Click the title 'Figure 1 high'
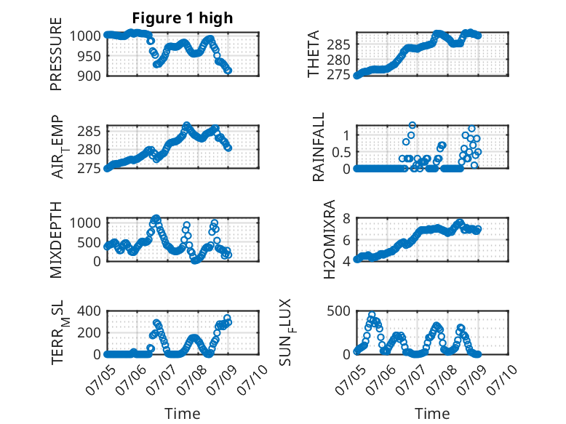[x=183, y=18]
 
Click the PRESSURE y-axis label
[x=56, y=54]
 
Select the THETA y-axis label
[x=314, y=54]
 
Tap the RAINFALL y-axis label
[x=319, y=147]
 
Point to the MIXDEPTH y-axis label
[x=56, y=240]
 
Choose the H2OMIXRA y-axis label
[x=330, y=239]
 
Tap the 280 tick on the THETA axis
[x=338, y=60]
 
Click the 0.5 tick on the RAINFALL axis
[x=341, y=152]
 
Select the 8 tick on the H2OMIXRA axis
[x=347, y=218]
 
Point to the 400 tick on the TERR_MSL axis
[x=89, y=311]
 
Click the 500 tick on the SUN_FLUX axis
[x=338, y=311]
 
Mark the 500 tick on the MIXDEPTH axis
[x=89, y=242]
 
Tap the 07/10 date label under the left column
[x=252, y=380]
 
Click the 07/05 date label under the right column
[x=349, y=380]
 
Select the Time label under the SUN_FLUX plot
[x=432, y=414]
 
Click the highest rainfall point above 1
[x=412, y=125]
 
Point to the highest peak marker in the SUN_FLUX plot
[x=372, y=315]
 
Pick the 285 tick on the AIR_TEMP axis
[x=89, y=131]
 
